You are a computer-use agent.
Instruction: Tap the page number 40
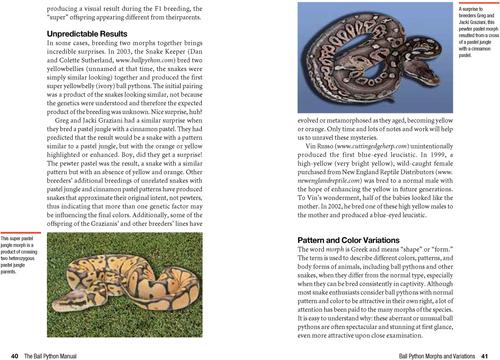(x=14, y=354)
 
